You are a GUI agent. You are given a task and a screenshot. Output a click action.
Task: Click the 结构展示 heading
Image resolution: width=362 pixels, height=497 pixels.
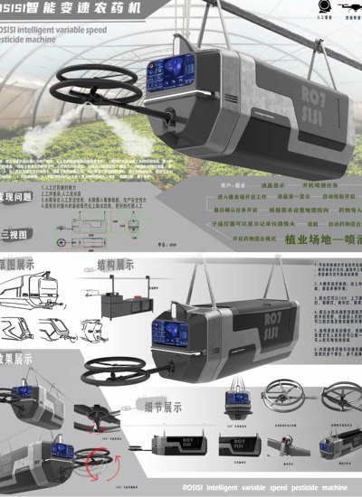[x=115, y=267]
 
